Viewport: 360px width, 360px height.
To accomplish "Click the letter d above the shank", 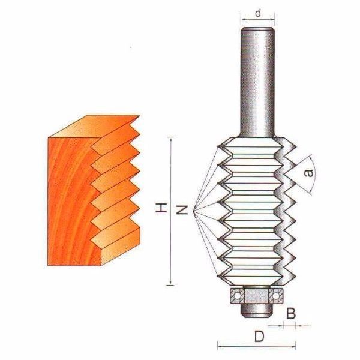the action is [258, 13].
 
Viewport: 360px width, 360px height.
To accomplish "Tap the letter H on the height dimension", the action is [161, 208].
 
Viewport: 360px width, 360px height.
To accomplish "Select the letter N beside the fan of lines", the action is [182, 209].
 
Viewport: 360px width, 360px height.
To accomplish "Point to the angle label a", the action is [308, 173].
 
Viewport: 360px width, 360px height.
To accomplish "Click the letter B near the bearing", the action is [291, 313].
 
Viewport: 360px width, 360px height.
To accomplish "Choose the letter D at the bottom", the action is [259, 337].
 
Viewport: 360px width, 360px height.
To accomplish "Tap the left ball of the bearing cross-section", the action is [237, 296].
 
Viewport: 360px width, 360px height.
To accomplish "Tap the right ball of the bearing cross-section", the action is [275, 296].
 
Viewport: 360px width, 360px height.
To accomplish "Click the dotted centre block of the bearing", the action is [256, 296].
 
